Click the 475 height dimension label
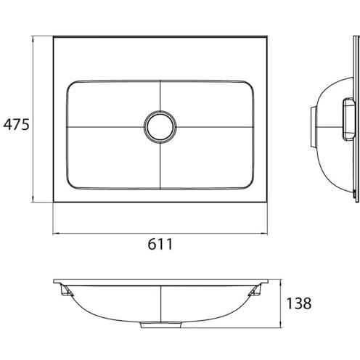[16, 124]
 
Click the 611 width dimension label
[160, 244]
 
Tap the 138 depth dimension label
[299, 303]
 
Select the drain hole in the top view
[160, 127]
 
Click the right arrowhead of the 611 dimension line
[264, 234]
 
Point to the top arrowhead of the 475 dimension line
[33, 39]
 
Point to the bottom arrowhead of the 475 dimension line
[33, 199]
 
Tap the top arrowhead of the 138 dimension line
[280, 282]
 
